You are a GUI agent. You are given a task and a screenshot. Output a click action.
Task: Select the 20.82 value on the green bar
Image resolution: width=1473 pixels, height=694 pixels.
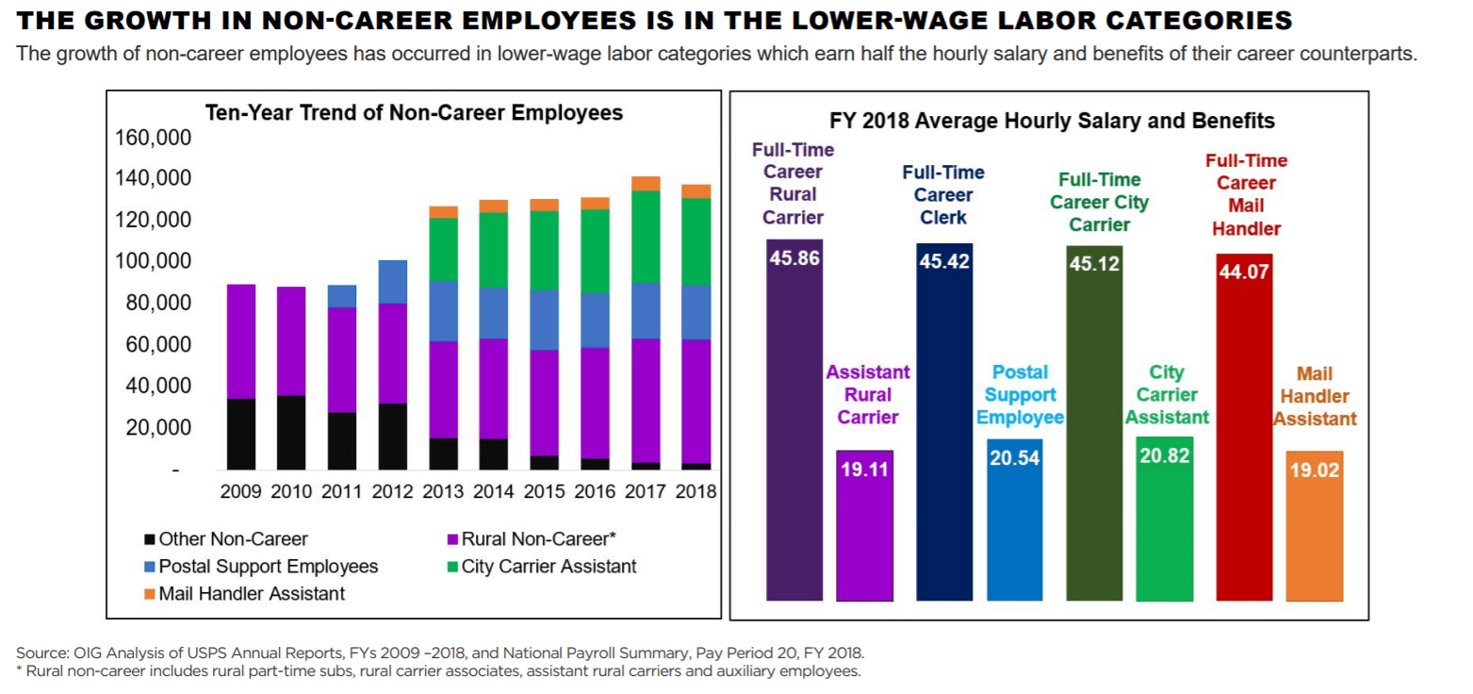point(1165,455)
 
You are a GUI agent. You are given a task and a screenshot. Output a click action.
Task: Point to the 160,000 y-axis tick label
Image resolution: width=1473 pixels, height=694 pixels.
point(153,138)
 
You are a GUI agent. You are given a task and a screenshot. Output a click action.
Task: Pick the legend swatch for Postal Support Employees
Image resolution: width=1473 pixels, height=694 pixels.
point(149,567)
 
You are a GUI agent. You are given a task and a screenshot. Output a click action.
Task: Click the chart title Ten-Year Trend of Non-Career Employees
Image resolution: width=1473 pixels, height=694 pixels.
point(414,113)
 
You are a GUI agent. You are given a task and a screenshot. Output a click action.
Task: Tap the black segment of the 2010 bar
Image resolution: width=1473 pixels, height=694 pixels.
point(292,432)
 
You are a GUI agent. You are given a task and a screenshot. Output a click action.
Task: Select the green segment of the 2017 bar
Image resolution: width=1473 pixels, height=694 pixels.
point(646,236)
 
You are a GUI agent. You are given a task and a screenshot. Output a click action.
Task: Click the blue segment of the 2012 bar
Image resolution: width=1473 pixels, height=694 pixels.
point(393,281)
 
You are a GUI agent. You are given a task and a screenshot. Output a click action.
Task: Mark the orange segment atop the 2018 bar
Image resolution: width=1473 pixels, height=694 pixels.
point(696,191)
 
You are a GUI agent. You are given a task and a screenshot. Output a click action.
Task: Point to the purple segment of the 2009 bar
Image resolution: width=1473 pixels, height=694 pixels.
point(241,341)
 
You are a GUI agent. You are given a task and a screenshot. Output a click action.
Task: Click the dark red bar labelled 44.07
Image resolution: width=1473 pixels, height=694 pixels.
point(1244,434)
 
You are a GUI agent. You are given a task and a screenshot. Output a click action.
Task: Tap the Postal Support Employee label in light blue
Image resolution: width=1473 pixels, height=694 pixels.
point(1021,395)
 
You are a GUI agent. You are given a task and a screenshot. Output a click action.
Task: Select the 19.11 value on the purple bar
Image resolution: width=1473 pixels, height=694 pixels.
point(864,470)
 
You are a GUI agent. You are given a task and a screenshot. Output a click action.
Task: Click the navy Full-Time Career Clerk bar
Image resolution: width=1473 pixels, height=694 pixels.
point(944,424)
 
